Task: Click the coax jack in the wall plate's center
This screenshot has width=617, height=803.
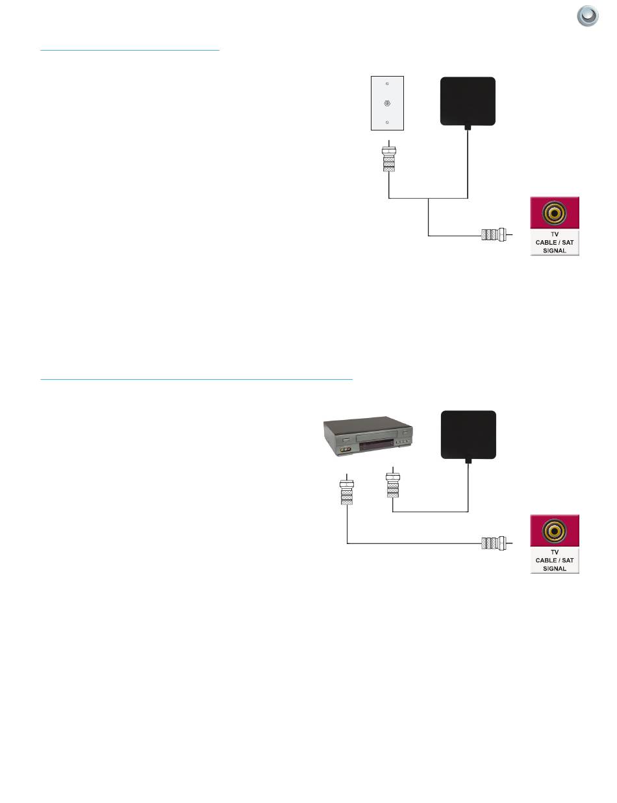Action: tap(387, 103)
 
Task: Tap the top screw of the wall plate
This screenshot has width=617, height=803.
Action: tap(387, 84)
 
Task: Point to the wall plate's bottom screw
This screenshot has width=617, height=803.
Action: tap(387, 122)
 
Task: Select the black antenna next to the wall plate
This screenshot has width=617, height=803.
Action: tap(468, 101)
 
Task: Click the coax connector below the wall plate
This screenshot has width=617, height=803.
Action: tap(388, 160)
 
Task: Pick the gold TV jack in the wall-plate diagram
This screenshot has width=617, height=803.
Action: tap(555, 212)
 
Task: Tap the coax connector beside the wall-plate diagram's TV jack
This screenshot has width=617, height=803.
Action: tap(493, 234)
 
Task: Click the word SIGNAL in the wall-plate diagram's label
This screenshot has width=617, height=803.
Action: tap(555, 249)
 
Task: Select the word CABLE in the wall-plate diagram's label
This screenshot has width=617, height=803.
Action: tap(544, 241)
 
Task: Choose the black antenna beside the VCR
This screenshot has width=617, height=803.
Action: tap(468, 434)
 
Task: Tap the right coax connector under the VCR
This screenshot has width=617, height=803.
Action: tap(392, 486)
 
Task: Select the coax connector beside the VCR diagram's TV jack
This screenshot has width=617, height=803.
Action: tap(493, 543)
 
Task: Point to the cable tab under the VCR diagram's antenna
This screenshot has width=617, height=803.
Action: tap(468, 460)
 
